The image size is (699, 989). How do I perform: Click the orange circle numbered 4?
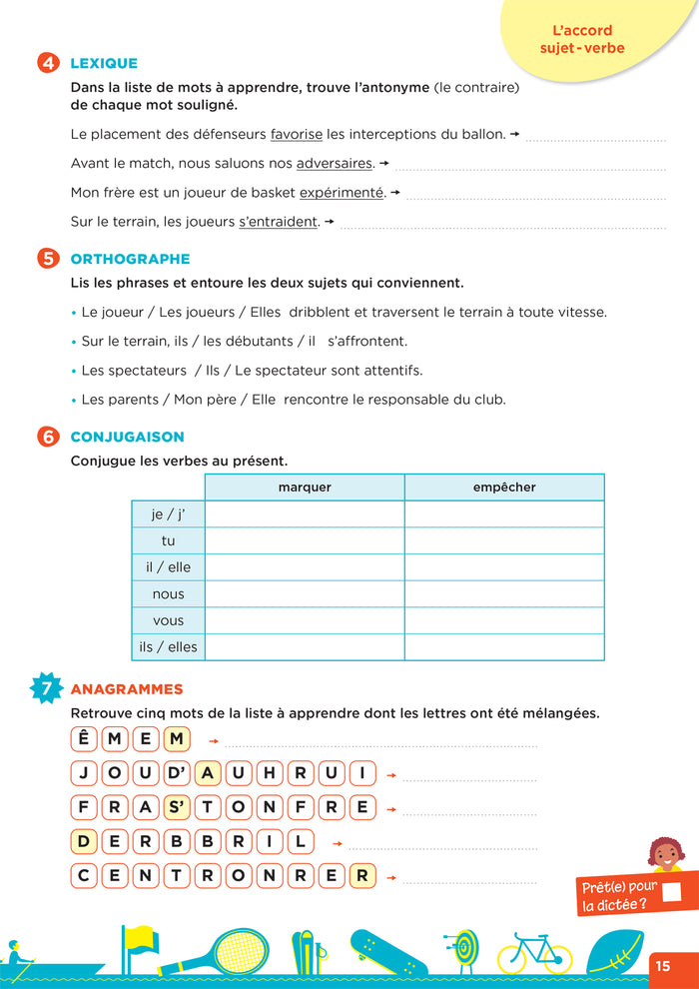(48, 63)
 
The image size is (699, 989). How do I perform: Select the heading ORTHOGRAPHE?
(130, 259)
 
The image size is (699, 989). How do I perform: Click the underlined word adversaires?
(335, 163)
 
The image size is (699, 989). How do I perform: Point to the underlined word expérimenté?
(342, 193)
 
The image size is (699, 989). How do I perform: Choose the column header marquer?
(305, 488)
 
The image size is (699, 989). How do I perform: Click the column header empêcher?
(504, 488)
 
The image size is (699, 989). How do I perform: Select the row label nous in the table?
(168, 593)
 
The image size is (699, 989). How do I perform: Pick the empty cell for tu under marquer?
(305, 540)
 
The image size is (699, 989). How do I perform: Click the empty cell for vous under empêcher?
(504, 620)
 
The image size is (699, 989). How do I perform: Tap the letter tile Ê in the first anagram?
(85, 739)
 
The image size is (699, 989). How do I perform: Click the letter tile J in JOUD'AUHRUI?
(85, 773)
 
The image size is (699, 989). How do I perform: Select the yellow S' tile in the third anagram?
(177, 807)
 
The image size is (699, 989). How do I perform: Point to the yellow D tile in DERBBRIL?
(85, 841)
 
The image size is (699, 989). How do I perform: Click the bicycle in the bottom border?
(534, 954)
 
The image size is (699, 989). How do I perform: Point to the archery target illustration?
(461, 949)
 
